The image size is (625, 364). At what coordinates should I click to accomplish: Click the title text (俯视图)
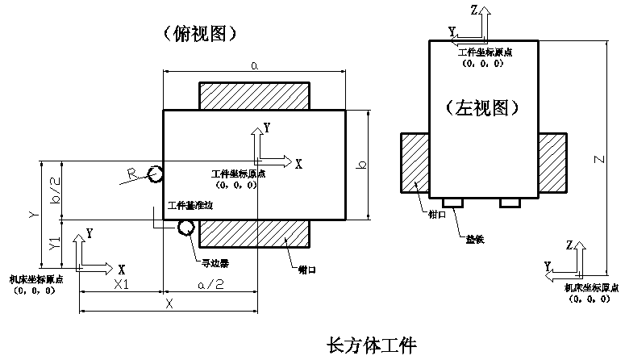coord(198,33)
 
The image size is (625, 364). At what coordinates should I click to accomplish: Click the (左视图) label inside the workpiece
coord(481,106)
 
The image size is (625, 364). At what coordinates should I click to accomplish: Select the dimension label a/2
coord(210,285)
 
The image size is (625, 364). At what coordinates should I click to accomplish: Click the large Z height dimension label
coord(598,160)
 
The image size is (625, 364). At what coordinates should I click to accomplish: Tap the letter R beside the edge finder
coord(131,173)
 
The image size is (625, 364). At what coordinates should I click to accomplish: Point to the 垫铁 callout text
coord(476,239)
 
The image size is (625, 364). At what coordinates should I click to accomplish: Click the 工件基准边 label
coord(190,207)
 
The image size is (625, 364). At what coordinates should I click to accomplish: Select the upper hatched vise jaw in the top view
coord(254,95)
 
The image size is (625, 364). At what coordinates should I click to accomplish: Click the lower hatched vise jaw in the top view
coord(254,232)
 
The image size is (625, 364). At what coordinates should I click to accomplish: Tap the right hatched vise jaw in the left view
coord(552,163)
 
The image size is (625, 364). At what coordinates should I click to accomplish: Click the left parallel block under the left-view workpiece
coord(451,202)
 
